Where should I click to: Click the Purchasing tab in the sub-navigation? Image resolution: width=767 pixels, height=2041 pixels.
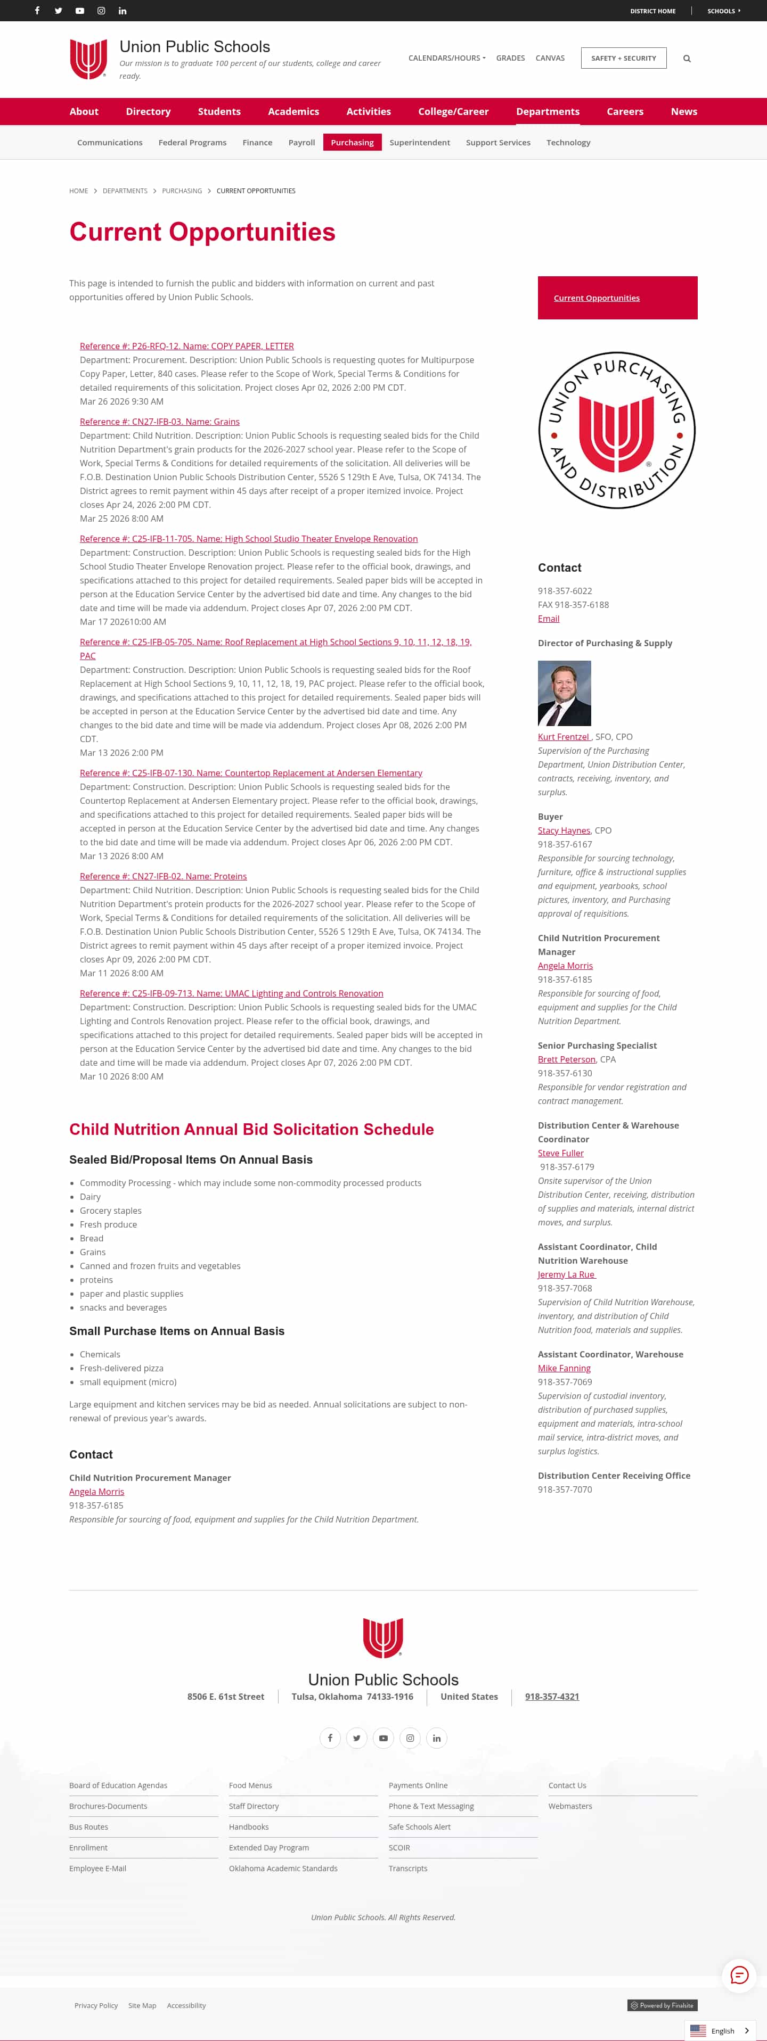(x=352, y=143)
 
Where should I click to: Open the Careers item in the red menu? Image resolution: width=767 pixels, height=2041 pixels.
(x=624, y=112)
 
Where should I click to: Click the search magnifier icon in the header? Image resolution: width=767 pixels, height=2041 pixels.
(x=687, y=59)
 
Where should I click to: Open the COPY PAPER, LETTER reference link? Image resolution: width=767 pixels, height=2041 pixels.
(x=186, y=346)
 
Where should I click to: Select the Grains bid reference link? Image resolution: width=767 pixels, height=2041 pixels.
(x=159, y=422)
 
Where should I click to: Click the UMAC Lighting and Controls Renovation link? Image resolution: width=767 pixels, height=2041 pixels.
(x=231, y=993)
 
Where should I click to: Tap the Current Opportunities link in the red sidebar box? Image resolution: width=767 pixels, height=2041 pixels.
(x=596, y=298)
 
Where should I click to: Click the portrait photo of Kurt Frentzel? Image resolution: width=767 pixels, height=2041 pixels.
(x=564, y=693)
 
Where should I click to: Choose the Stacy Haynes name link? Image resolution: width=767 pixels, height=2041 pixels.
(x=564, y=830)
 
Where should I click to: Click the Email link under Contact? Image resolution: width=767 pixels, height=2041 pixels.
(x=548, y=619)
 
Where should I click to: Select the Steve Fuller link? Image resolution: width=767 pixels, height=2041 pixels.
(x=560, y=1153)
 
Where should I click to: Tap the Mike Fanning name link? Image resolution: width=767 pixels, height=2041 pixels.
(x=564, y=1368)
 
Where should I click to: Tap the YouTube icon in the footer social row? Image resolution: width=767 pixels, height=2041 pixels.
(x=383, y=1738)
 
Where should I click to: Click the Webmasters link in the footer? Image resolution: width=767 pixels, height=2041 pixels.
(x=570, y=1806)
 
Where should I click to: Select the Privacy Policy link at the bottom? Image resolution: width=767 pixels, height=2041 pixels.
(x=96, y=2005)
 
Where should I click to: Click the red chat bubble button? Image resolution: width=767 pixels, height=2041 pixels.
(x=738, y=1974)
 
